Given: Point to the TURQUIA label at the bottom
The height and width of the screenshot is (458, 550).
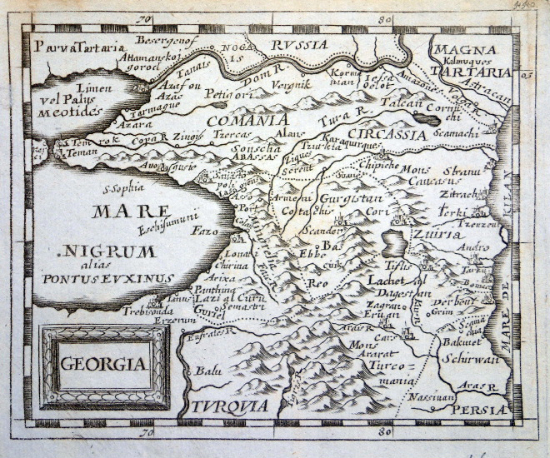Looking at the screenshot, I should (227, 406).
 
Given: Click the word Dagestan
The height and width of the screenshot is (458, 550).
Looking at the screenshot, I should (399, 292).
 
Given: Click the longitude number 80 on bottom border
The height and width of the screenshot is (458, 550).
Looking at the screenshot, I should (384, 432).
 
